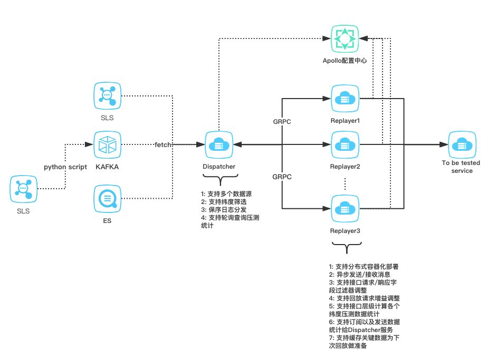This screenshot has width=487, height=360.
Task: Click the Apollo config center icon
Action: pos(344,38)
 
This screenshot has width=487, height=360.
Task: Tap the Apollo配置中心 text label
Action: pos(345,61)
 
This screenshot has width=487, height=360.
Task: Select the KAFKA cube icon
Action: pos(107,144)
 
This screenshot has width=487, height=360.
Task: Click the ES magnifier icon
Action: pos(107,199)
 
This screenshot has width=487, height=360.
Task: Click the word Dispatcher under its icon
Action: pos(219,166)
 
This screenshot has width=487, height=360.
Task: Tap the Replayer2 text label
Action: pos(345,167)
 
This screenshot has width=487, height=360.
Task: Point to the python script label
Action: pos(65,167)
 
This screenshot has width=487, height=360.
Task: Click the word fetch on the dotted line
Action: pos(163,144)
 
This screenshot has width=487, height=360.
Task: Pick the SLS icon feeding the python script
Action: pos(23,189)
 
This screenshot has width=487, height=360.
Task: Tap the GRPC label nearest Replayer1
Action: pos(282,121)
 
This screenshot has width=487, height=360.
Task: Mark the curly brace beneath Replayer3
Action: pos(346,247)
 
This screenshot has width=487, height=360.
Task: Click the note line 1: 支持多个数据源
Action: pos(226,193)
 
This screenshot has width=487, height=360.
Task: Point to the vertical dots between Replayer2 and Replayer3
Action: pos(345,184)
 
